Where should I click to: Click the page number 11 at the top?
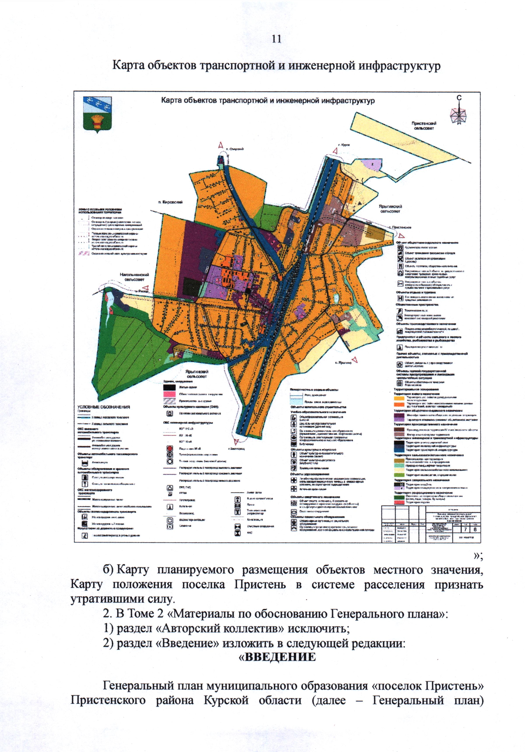tap(276, 39)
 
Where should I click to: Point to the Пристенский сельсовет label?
tap(423, 126)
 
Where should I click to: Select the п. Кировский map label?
tap(170, 202)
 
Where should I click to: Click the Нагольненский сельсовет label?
tap(134, 277)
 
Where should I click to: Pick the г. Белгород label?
tap(236, 448)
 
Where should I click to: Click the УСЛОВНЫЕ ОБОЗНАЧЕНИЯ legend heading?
tap(104, 407)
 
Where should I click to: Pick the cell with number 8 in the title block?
tap(475, 529)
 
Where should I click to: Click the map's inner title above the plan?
tap(268, 101)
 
